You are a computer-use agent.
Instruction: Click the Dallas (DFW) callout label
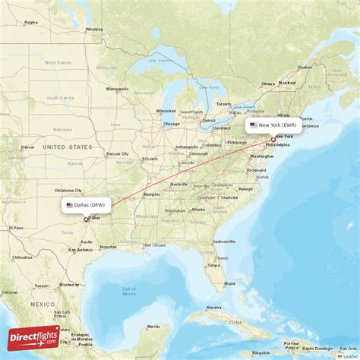click(87, 205)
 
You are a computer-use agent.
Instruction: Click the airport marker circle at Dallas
click(86, 219)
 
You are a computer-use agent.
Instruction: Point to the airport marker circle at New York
click(273, 140)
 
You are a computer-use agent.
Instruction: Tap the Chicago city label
click(170, 124)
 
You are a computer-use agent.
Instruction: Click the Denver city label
click(28, 147)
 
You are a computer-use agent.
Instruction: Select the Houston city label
click(108, 246)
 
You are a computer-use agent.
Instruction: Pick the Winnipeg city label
click(94, 29)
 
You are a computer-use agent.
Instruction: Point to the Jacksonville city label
click(224, 241)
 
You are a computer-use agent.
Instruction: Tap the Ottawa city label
click(268, 83)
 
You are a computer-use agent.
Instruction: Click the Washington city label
click(261, 156)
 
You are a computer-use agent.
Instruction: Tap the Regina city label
click(31, 22)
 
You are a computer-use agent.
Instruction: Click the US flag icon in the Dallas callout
click(69, 205)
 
